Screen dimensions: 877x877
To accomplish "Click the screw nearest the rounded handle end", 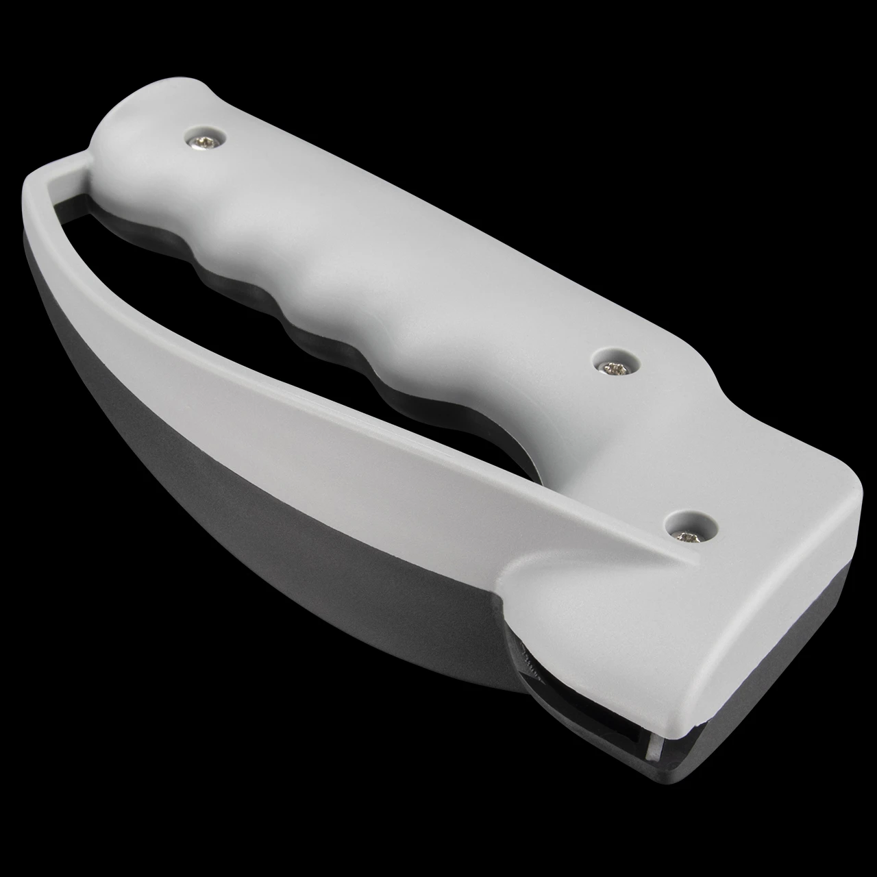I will (x=205, y=140).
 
